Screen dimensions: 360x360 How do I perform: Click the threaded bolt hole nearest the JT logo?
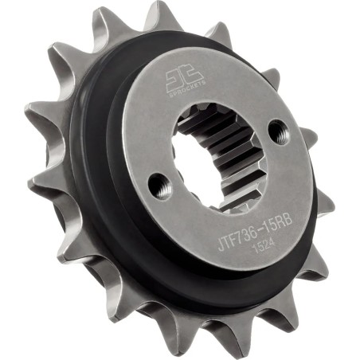coord(276,128)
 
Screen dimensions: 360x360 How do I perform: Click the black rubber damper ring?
coord(104,199)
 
